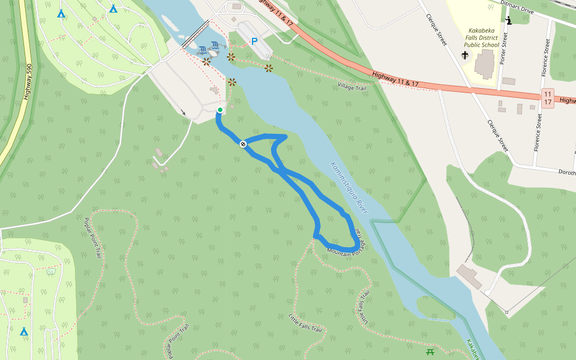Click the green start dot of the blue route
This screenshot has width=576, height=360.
[220, 110]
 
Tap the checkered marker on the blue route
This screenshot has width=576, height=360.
[243, 144]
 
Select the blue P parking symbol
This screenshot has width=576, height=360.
[254, 42]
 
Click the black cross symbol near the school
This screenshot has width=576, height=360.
[464, 55]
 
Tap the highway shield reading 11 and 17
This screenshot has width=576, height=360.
[547, 98]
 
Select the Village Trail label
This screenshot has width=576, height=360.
[352, 88]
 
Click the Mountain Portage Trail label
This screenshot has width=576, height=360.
[348, 243]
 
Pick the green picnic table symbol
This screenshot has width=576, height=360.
[430, 352]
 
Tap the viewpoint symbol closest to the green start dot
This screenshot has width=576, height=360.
[232, 82]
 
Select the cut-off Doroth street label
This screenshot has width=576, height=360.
[566, 172]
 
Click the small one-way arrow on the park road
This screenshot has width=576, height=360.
[184, 112]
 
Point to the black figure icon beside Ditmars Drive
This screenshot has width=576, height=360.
[509, 21]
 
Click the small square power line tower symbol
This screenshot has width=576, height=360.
[506, 312]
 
